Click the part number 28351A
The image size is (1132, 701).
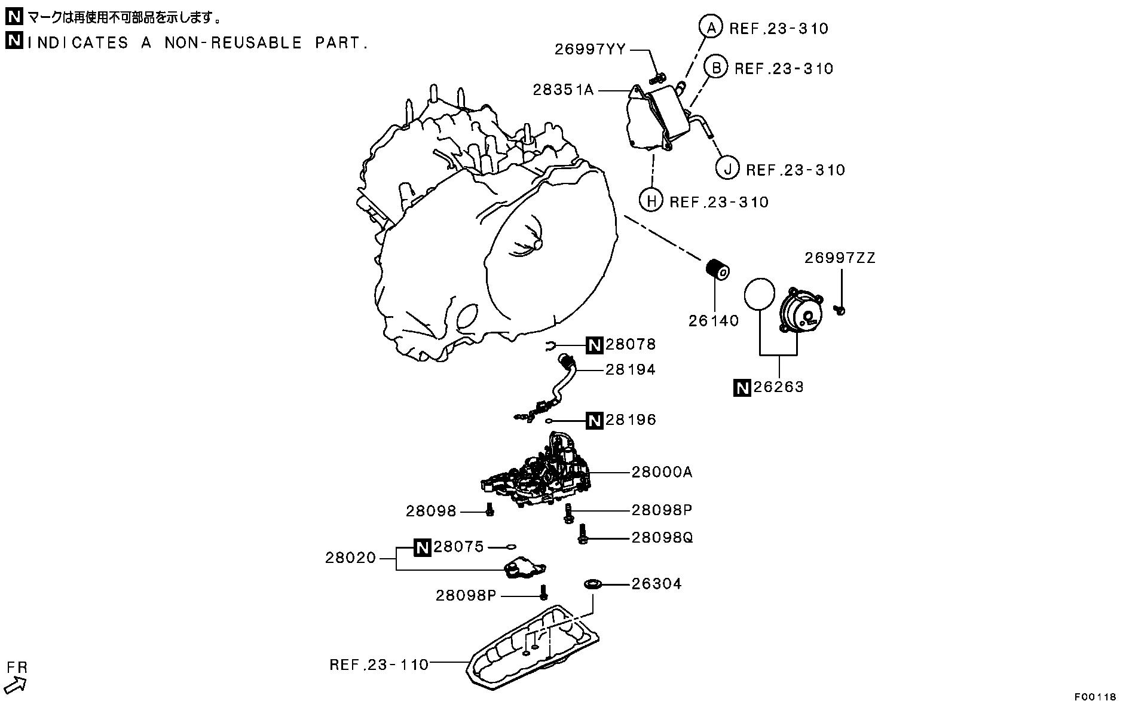(x=563, y=90)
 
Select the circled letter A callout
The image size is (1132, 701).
(x=711, y=27)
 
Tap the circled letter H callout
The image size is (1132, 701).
(x=651, y=201)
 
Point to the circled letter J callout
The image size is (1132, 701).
(x=727, y=169)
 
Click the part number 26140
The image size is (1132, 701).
(x=714, y=321)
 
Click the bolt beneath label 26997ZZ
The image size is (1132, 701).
(x=840, y=310)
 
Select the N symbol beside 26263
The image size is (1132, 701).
(x=742, y=388)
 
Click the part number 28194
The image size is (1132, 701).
(x=631, y=370)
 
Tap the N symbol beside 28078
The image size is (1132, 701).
(x=594, y=345)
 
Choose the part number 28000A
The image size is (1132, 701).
(x=662, y=472)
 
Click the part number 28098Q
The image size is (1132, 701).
(x=662, y=538)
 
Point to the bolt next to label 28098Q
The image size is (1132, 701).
(x=582, y=534)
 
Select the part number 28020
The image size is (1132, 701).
(x=351, y=558)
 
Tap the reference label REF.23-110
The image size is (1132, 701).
(x=379, y=665)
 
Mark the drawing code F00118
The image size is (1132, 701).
(x=1095, y=696)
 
